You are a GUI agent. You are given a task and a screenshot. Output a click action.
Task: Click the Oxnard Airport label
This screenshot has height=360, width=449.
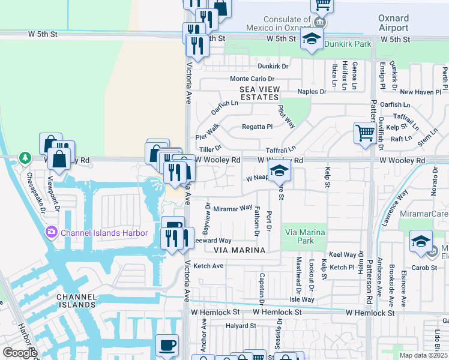[393, 23]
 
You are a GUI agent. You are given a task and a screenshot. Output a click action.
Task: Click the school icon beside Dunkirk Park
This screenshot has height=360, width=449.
[311, 40]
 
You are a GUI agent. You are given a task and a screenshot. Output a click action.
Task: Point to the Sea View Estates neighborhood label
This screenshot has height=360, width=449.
[259, 92]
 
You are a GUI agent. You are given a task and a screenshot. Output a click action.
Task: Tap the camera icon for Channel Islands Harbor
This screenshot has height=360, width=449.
[50, 232]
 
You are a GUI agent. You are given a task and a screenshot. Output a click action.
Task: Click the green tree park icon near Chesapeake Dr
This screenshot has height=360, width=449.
[25, 158]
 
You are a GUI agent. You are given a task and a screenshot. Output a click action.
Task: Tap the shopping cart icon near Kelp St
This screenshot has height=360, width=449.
[365, 133]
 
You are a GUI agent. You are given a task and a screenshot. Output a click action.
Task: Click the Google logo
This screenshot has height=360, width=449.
[19, 353]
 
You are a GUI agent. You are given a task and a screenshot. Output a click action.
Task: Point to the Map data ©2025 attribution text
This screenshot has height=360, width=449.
[423, 355]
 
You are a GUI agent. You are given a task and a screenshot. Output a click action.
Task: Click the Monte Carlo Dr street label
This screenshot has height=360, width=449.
[252, 79]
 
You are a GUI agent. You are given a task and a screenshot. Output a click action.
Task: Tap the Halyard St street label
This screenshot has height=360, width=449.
[241, 326]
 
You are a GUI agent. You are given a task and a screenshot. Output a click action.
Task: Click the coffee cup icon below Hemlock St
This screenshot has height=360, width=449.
[167, 344]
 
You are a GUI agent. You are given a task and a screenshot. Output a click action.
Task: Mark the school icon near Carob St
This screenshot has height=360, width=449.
[421, 241]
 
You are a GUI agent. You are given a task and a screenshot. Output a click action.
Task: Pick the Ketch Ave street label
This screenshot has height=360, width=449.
[208, 266]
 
